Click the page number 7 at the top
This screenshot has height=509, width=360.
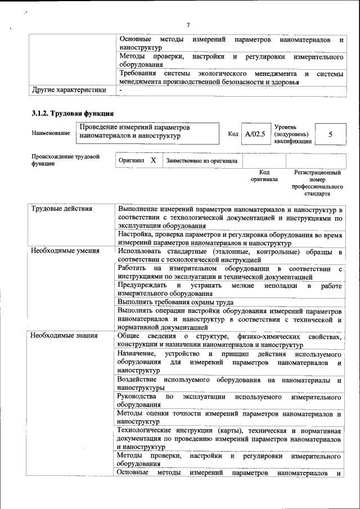tap(188, 25)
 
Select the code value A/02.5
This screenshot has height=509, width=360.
tap(255, 134)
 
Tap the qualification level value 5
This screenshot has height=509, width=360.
tap(330, 134)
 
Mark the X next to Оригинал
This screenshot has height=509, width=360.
tap(153, 161)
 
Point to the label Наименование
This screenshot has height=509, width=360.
tap(51, 133)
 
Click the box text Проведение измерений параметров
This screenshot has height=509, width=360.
tap(135, 128)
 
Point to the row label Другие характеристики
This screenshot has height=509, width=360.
tap(69, 89)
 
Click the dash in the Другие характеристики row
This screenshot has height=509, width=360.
tap(120, 90)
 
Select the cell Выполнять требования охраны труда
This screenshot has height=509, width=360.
tap(175, 302)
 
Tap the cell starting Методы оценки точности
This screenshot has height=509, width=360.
tap(229, 417)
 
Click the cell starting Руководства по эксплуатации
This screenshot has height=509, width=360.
tap(229, 400)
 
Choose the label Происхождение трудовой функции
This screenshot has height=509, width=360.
tap(65, 160)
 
